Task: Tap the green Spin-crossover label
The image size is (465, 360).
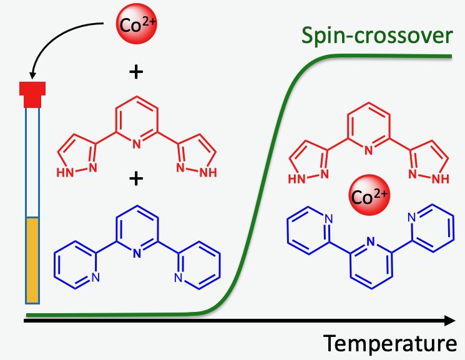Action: click(376, 36)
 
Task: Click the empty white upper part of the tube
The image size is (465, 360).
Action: click(32, 162)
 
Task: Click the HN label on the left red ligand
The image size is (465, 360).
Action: click(67, 169)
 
